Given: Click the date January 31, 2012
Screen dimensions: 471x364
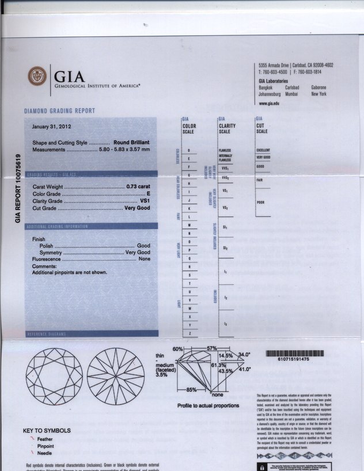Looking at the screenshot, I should (x=52, y=126).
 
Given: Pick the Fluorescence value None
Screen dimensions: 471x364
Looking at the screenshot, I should (x=144, y=259).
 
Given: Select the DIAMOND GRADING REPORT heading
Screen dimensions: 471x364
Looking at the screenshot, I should (x=59, y=111).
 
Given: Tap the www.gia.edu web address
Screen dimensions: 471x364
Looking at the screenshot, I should (x=269, y=103).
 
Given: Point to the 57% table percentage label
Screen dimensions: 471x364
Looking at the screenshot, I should (x=211, y=349).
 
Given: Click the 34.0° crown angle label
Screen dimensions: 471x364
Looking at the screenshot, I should (x=245, y=355).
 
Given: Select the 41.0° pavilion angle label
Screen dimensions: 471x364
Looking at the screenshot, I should (x=245, y=370).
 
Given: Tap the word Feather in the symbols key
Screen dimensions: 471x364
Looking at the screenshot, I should (x=45, y=439).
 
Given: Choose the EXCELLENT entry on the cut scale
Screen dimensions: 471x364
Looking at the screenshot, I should (x=263, y=150).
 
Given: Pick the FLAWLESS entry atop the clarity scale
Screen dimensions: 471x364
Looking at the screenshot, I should (x=225, y=150).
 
